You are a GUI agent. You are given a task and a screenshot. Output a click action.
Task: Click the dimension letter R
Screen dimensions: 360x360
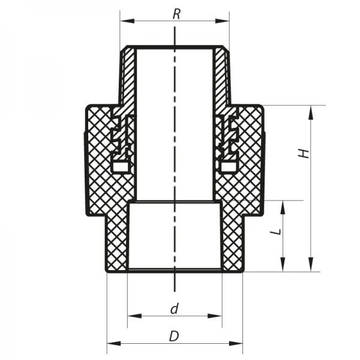[176, 13]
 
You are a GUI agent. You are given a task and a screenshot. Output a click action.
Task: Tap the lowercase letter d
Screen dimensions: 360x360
[174, 309]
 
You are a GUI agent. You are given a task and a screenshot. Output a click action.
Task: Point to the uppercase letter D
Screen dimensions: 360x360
[174, 337]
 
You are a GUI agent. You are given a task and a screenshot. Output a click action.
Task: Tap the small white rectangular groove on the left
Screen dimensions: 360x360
[121, 164]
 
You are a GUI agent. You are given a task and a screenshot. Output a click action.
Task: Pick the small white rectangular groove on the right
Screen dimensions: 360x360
[229, 164]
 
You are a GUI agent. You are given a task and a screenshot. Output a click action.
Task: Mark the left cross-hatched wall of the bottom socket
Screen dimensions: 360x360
[116, 240]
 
